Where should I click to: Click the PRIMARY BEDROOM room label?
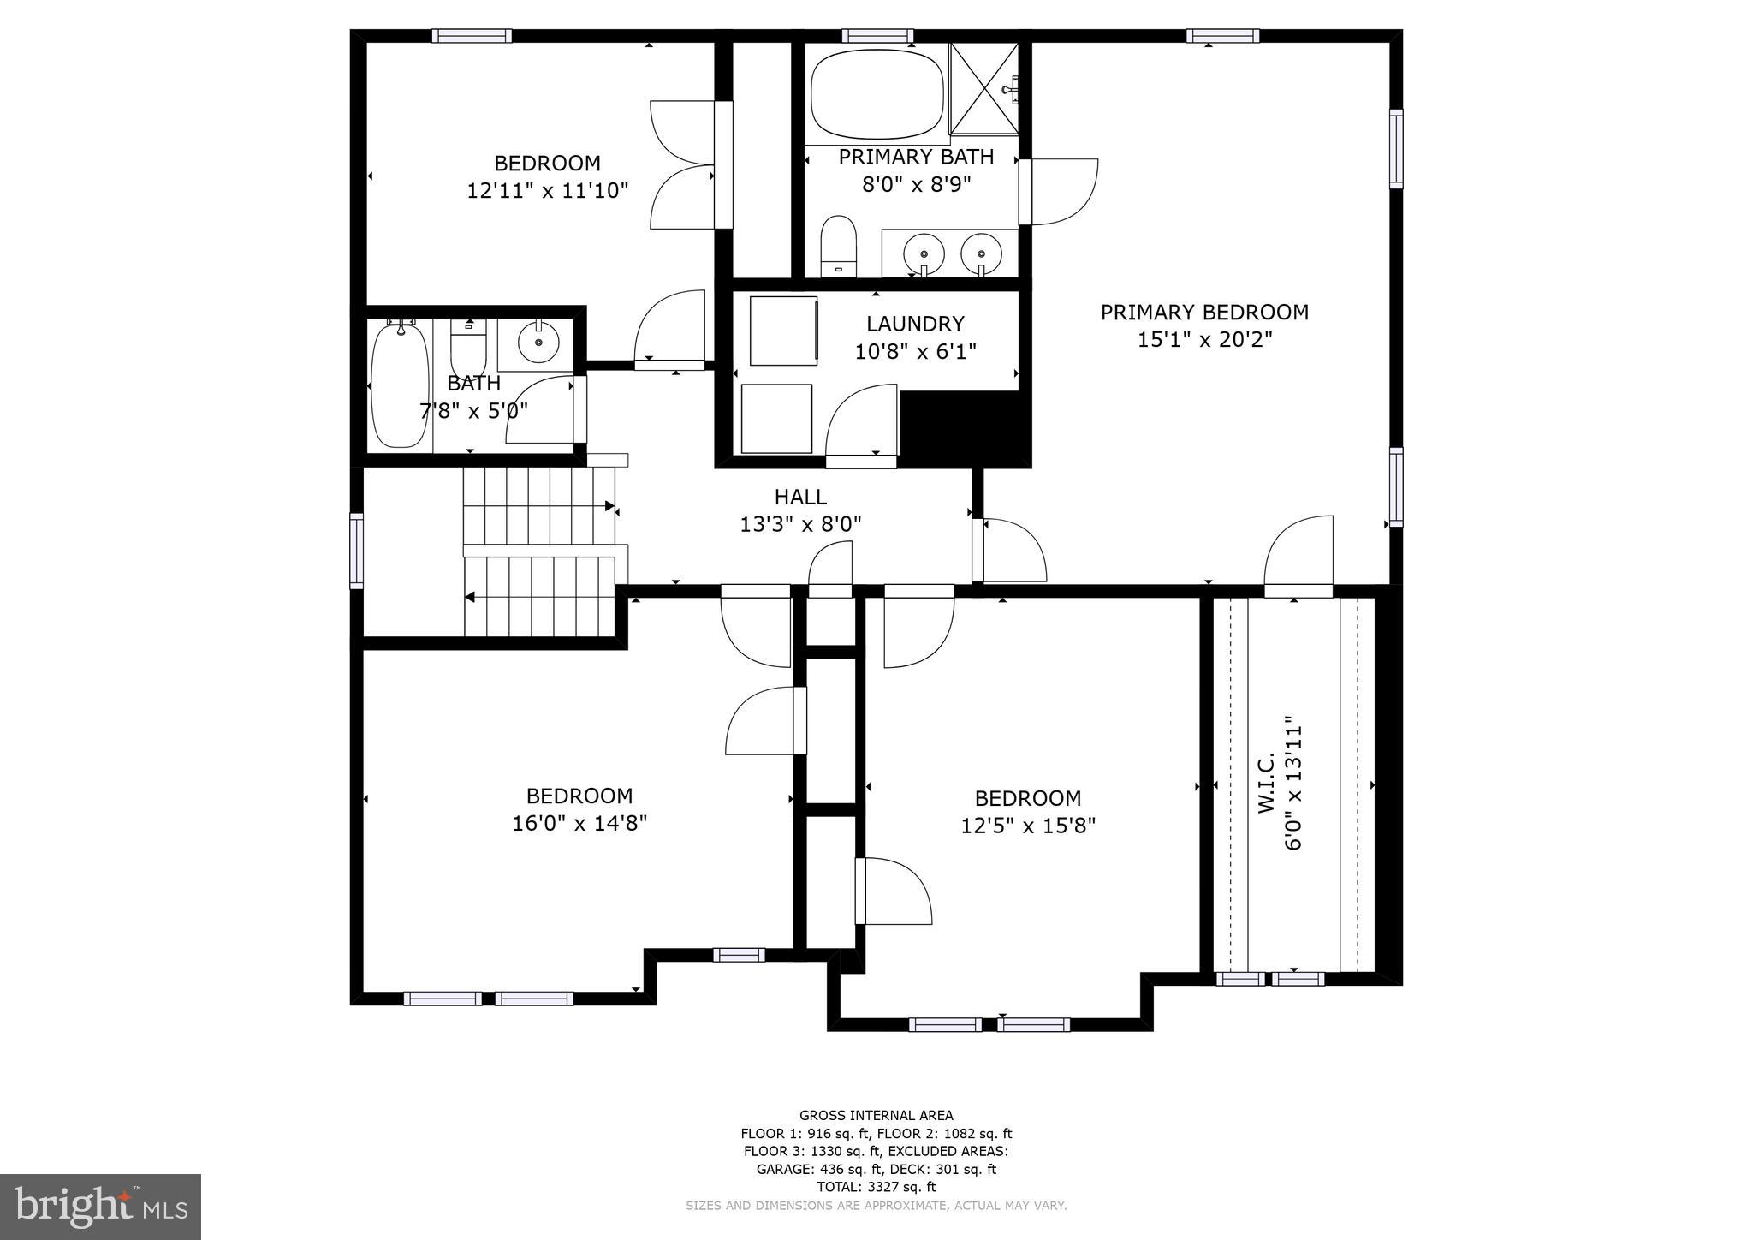coord(1204,313)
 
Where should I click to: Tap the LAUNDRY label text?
coord(915,324)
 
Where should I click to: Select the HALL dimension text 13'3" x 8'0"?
coord(800,524)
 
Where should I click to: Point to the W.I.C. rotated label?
coord(1268,783)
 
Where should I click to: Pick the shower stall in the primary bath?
coord(983,88)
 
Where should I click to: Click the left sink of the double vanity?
coord(924,253)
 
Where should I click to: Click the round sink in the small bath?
coord(538,343)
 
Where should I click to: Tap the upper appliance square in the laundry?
coord(783,331)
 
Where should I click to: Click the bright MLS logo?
coord(101,1207)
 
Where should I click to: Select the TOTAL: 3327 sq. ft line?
coord(876,1187)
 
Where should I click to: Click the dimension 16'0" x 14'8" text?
coord(579,824)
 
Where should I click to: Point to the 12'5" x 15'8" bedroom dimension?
coord(1027,826)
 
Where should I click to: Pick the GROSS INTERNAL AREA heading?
coord(876,1115)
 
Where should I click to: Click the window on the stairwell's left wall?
coord(357,550)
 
